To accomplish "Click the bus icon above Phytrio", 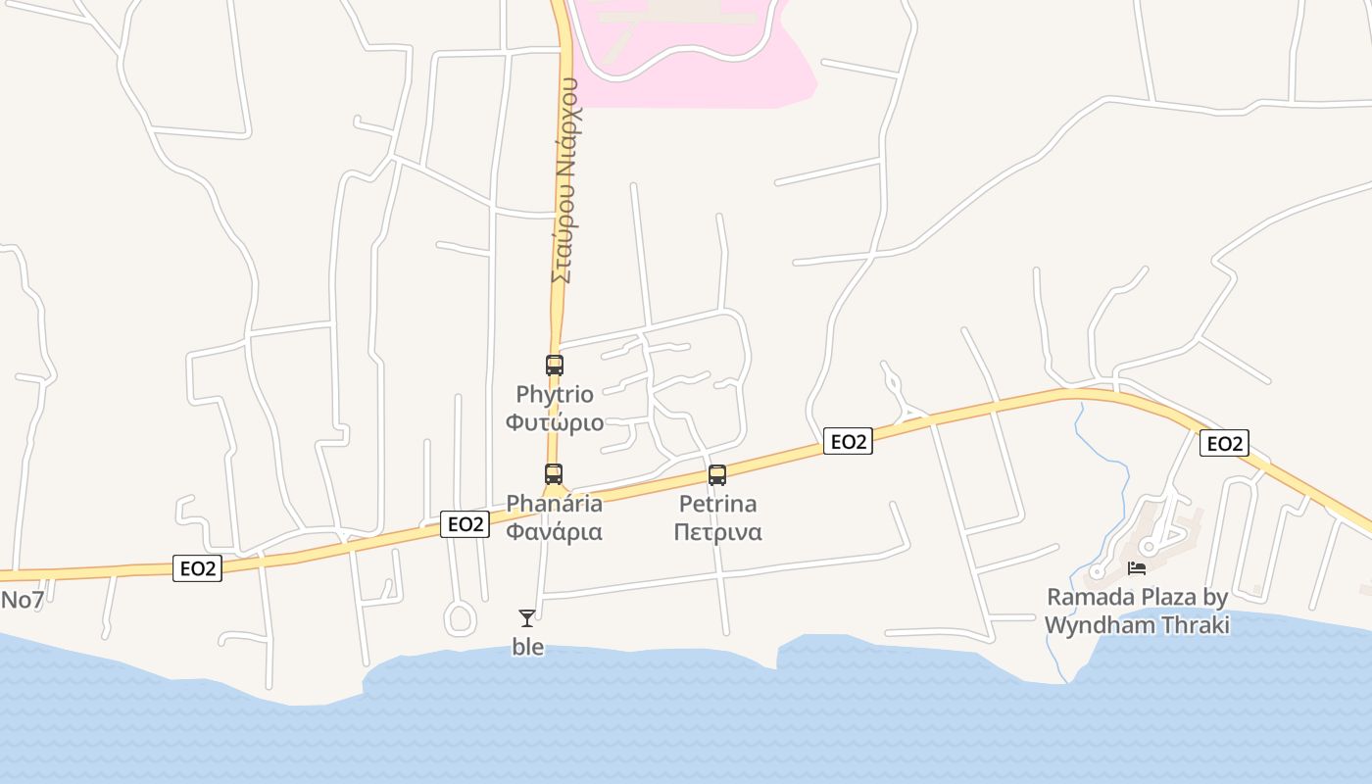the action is click(x=555, y=366).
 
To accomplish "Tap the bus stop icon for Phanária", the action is click(x=554, y=474).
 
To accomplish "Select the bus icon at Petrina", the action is click(x=717, y=475).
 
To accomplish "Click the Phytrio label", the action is click(x=555, y=395).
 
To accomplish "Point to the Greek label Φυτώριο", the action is click(x=555, y=422).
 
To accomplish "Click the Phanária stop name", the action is click(x=554, y=504).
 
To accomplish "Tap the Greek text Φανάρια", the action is click(x=554, y=532).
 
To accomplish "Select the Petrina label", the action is click(x=717, y=504).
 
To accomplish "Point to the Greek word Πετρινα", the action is click(x=717, y=532).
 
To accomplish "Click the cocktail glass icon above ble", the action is click(x=527, y=617).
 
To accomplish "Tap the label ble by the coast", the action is click(x=528, y=647).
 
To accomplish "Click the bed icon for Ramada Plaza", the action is click(x=1137, y=567).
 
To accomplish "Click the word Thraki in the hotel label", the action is click(x=1195, y=624).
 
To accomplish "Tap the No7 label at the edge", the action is click(x=22, y=600).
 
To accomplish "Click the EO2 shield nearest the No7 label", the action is click(x=197, y=568).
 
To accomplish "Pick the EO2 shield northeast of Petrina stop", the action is click(x=848, y=441).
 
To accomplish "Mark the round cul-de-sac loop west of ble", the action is click(x=460, y=617).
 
